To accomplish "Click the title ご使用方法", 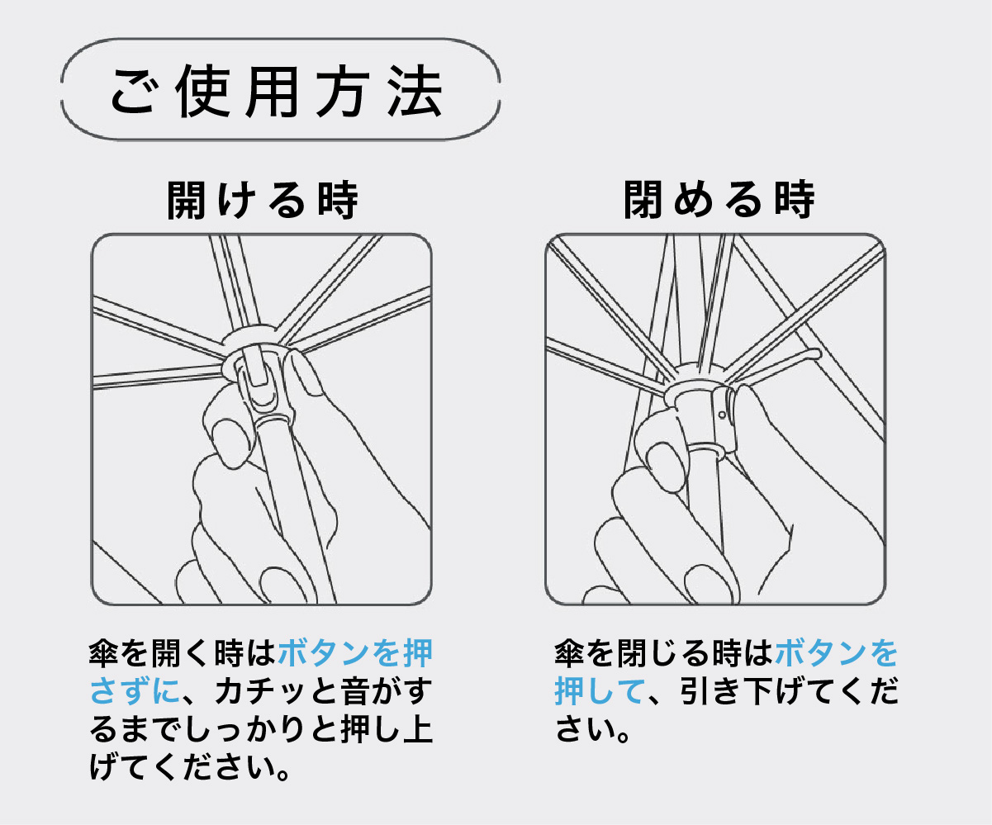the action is point(277,91).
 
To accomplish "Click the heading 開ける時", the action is point(263,200).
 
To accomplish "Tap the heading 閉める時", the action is point(719,200).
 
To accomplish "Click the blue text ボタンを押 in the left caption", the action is point(355,653).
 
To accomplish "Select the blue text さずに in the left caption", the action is point(135,691).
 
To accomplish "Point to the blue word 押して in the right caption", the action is point(600,691).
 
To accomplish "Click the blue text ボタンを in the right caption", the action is point(836,653).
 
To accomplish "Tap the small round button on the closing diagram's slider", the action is point(722,415).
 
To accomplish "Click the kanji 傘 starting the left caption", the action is point(104,653).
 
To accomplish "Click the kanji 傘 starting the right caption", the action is point(570,653).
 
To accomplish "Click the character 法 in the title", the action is point(415,91).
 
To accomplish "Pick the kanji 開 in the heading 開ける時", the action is point(186,200).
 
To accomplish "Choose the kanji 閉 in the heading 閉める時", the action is point(643,200).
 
